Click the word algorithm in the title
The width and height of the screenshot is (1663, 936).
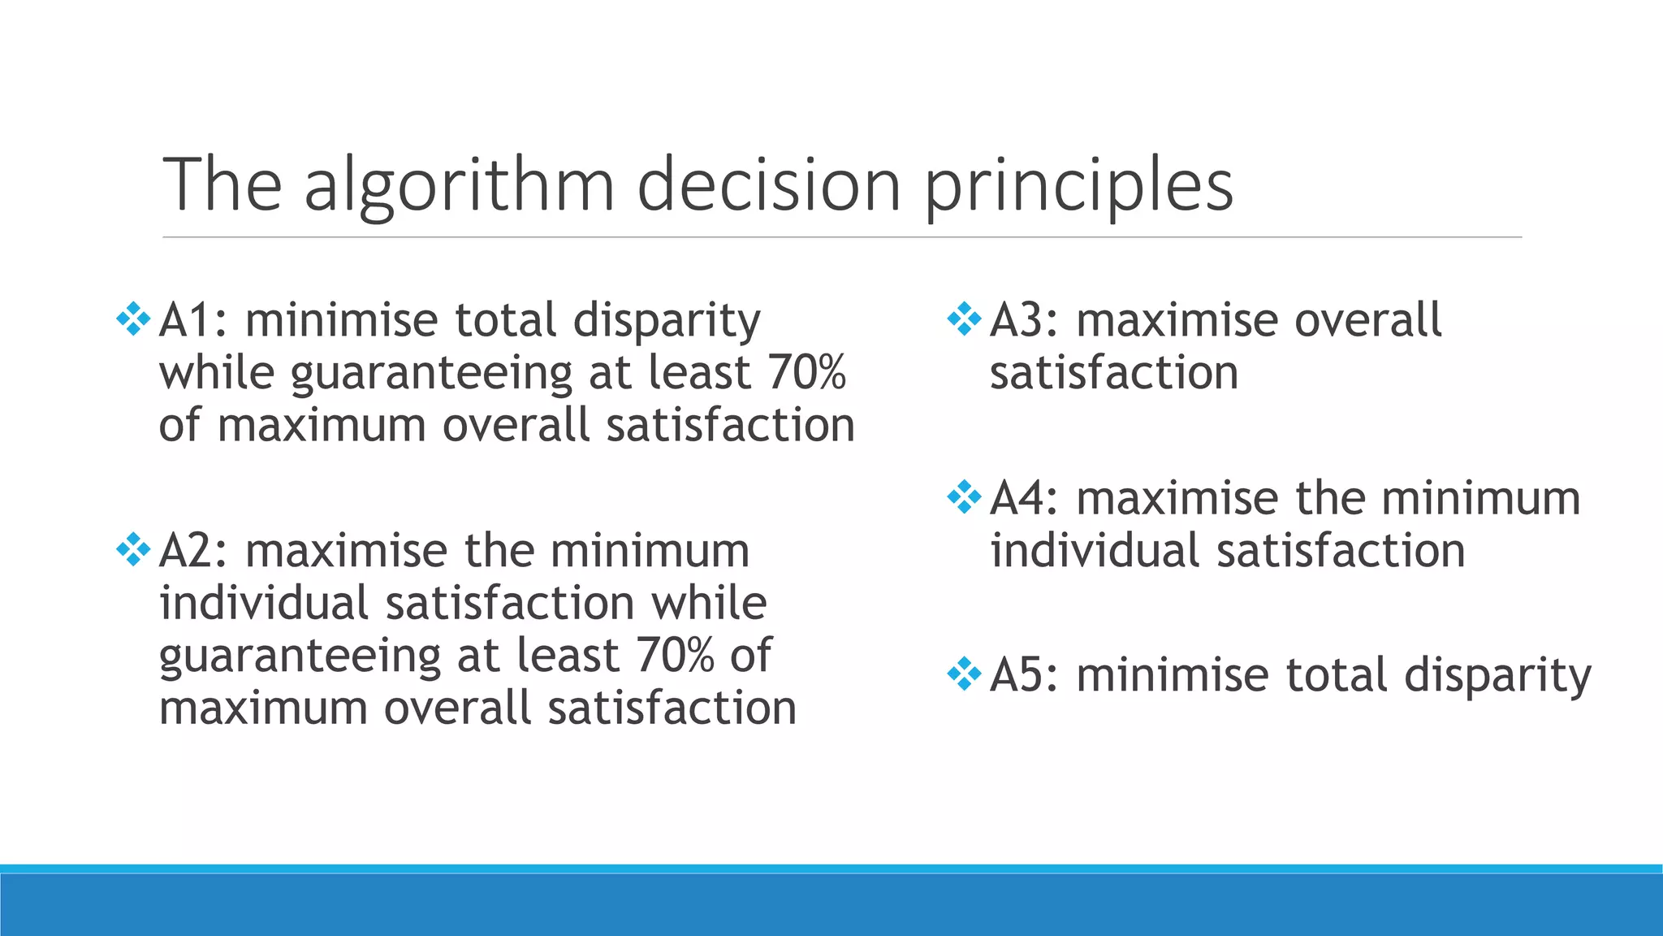click(x=459, y=185)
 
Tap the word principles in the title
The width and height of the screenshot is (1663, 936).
click(x=1078, y=185)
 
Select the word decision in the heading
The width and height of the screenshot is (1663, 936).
click(x=768, y=185)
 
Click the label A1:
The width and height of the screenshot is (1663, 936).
click(x=193, y=319)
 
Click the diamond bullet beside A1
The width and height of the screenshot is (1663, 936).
click(x=133, y=319)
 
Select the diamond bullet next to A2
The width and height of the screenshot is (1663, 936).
click(x=133, y=550)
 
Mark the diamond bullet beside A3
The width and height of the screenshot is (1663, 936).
click(x=964, y=319)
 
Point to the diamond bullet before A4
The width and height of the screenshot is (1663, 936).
click(x=964, y=497)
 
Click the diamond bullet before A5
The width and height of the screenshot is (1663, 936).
click(x=964, y=675)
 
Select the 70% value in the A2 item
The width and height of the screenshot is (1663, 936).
click(x=675, y=655)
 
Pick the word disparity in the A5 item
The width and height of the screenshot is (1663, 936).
click(x=1497, y=677)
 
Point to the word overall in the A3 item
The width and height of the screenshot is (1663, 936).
click(x=1367, y=319)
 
